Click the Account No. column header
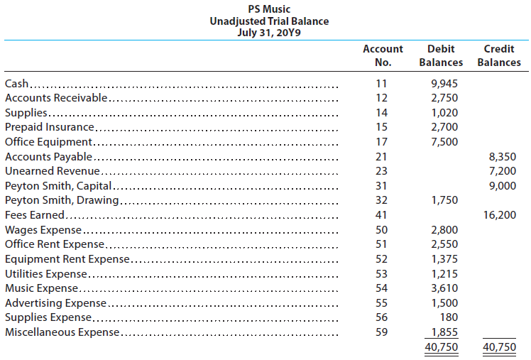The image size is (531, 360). tap(383, 55)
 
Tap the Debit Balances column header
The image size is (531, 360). tap(441, 55)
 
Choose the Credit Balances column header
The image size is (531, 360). tap(498, 55)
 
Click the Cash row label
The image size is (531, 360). tap(17, 83)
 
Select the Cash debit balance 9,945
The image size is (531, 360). tap(444, 83)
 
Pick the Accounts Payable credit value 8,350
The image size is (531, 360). tap(503, 156)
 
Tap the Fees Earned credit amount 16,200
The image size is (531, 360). tap(500, 215)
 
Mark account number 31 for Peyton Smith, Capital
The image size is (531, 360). tap(382, 185)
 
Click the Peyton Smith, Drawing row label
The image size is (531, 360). tap(61, 200)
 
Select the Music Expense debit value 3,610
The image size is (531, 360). tap(444, 288)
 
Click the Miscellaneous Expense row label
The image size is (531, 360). tap(62, 332)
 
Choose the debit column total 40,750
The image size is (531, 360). tap(441, 347)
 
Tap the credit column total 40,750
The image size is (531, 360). tap(499, 347)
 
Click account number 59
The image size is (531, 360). tap(382, 332)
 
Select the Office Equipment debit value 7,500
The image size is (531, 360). tap(444, 141)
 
